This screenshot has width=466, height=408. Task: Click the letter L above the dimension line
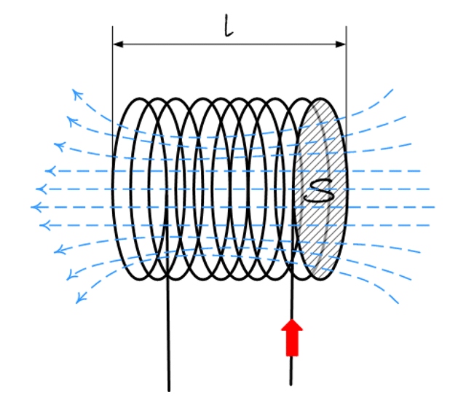(228, 26)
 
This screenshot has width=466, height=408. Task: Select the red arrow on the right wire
(292, 337)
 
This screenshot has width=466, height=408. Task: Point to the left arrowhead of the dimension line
(118, 44)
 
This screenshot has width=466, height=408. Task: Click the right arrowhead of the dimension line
(340, 44)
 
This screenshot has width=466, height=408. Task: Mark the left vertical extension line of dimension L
(112, 89)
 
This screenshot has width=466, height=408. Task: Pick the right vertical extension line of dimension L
(347, 89)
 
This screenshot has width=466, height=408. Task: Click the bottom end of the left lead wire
(169, 391)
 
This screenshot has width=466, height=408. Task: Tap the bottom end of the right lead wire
(291, 384)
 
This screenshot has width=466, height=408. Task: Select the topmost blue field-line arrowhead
(77, 95)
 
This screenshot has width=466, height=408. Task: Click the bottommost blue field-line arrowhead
(81, 298)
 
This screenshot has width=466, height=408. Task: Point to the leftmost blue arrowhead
(36, 207)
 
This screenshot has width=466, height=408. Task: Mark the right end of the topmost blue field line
(392, 90)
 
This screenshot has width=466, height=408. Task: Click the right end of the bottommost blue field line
(398, 302)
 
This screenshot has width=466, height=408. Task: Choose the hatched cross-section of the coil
(321, 189)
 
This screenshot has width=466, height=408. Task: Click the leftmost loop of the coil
(112, 189)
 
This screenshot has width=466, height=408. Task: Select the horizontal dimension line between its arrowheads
(229, 44)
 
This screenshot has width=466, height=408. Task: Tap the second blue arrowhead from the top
(71, 121)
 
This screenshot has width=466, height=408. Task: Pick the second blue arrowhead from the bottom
(71, 275)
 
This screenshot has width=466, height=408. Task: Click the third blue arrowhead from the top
(59, 146)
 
